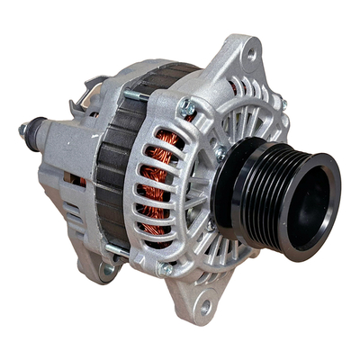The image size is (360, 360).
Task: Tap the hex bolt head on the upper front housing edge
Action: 187,107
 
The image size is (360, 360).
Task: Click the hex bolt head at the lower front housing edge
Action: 166,267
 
